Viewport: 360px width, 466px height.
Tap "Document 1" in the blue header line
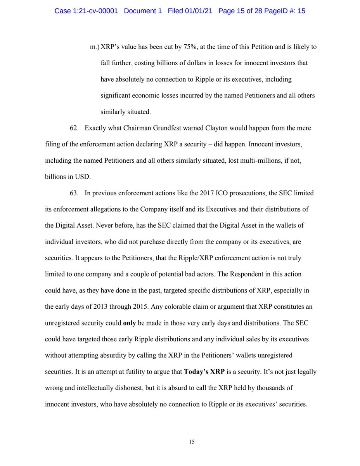pyautogui.click(x=143, y=11)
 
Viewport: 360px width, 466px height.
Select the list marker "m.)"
pyautogui.click(x=94, y=47)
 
